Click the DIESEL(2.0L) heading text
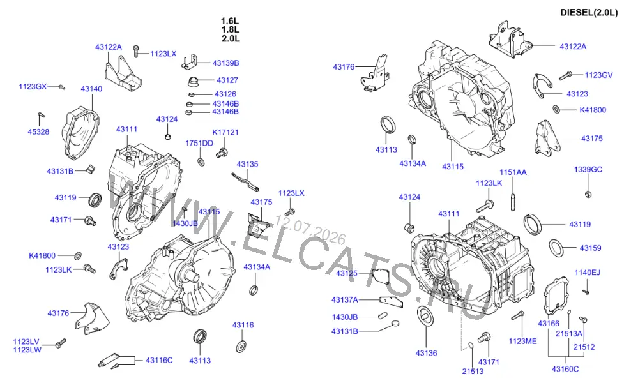pos(589,13)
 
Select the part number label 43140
pos(91,89)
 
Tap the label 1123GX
pos(33,86)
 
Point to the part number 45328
pos(38,131)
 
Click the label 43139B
pos(225,63)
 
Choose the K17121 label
pos(225,132)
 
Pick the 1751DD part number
pos(199,143)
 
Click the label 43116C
pos(159,360)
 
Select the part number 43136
pos(426,353)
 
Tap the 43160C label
pos(565,369)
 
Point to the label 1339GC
pos(588,169)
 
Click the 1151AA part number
pos(513,172)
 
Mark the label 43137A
pos(344,300)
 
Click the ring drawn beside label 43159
pos(556,247)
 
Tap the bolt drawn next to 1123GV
pos(566,75)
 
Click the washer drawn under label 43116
pos(242,347)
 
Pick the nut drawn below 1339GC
pos(588,195)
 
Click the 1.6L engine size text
pos(230,21)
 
